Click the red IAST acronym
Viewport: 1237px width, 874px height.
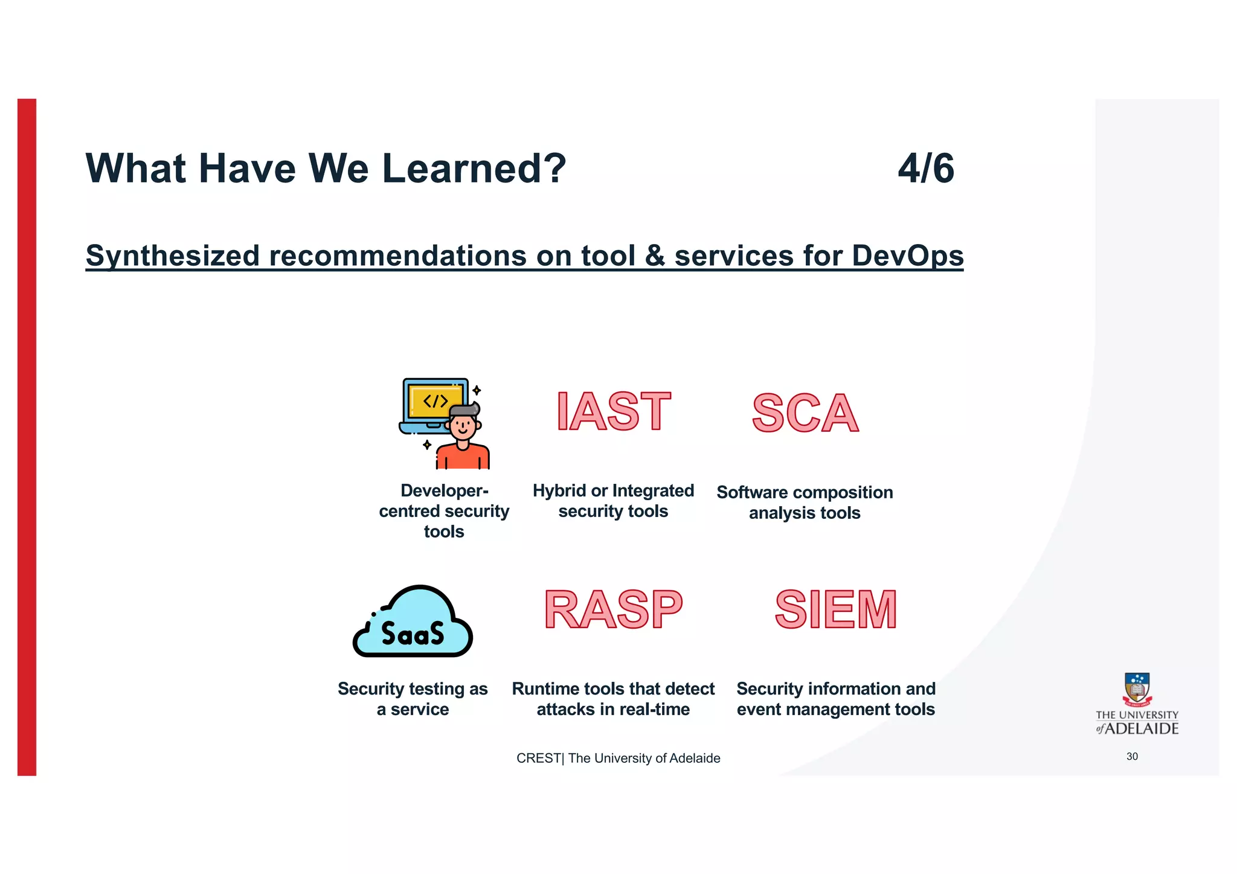point(613,412)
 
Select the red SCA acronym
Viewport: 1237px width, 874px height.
point(805,414)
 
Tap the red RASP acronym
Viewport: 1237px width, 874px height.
point(613,610)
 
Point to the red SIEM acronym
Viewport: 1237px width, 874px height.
point(836,610)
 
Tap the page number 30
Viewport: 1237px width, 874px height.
point(1132,756)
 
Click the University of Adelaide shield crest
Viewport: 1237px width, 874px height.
point(1137,689)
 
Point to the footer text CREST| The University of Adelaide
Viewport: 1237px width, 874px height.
point(618,758)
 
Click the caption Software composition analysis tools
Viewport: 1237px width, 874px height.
point(805,503)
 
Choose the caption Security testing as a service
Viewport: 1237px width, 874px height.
point(413,699)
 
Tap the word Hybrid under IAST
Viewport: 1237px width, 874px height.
point(559,490)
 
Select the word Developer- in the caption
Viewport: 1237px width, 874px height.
point(444,490)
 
